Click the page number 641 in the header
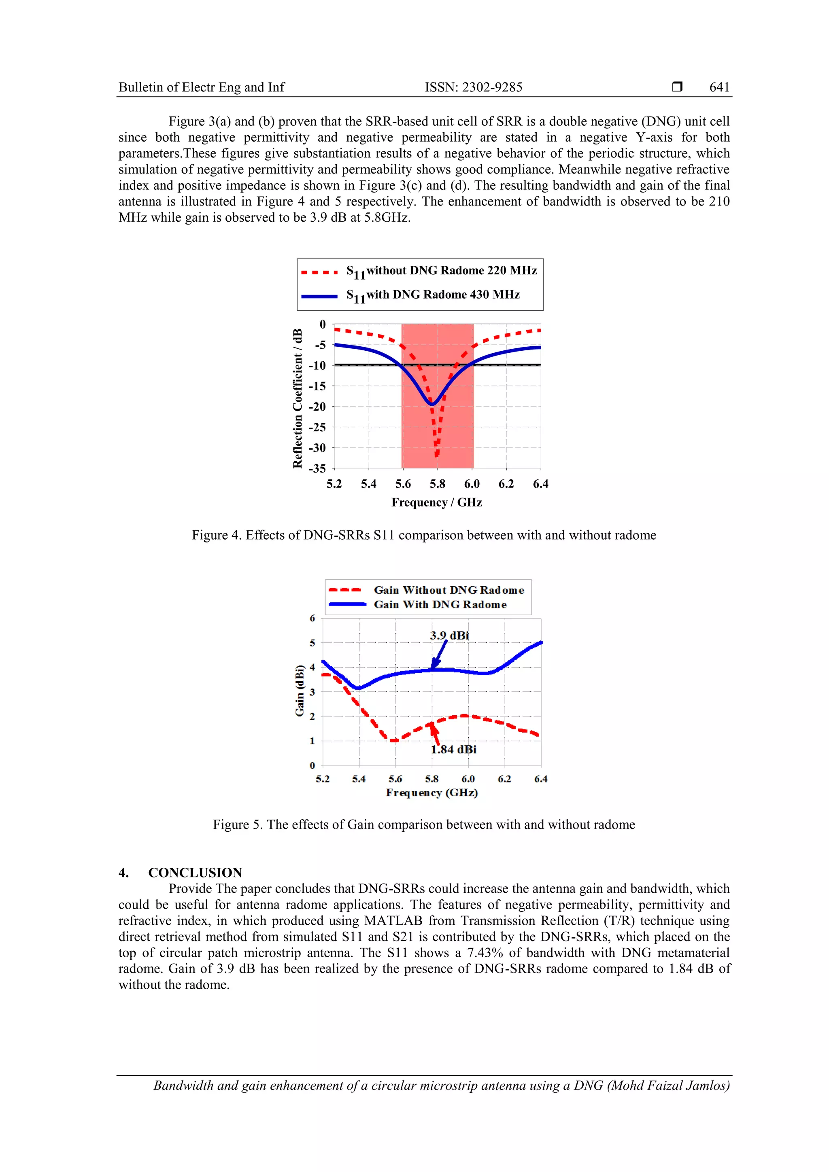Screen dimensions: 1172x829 pos(719,87)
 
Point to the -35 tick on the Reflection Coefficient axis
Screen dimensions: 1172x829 pos(317,468)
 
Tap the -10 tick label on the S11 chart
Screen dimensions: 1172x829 pos(317,365)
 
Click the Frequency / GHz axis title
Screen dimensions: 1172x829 pos(436,502)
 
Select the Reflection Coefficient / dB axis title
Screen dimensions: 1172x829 pos(297,398)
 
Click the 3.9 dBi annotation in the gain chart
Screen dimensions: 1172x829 pos(449,636)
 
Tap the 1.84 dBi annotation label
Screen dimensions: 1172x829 pos(454,749)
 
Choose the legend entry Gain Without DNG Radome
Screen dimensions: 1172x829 pos(449,590)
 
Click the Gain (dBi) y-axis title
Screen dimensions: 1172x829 pos(300,691)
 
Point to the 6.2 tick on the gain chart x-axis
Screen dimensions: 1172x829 pos(504,779)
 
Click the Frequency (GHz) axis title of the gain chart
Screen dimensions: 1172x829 pos(432,793)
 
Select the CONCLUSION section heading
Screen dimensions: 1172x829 pos(195,872)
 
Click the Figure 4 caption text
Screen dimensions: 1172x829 pos(423,535)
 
